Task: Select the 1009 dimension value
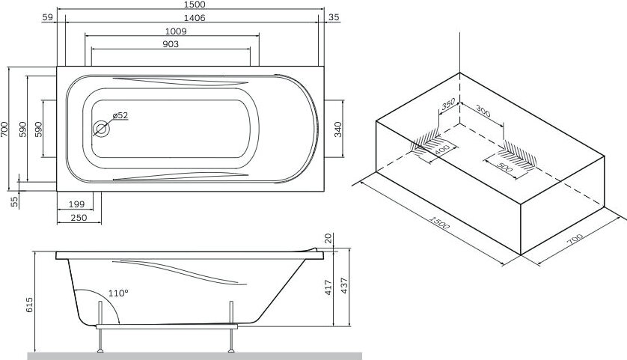(x=173, y=31)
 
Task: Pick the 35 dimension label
(x=334, y=18)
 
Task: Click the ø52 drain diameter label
(x=120, y=115)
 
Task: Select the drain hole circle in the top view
(x=101, y=129)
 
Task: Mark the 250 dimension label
(x=79, y=218)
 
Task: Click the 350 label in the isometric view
(x=448, y=105)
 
